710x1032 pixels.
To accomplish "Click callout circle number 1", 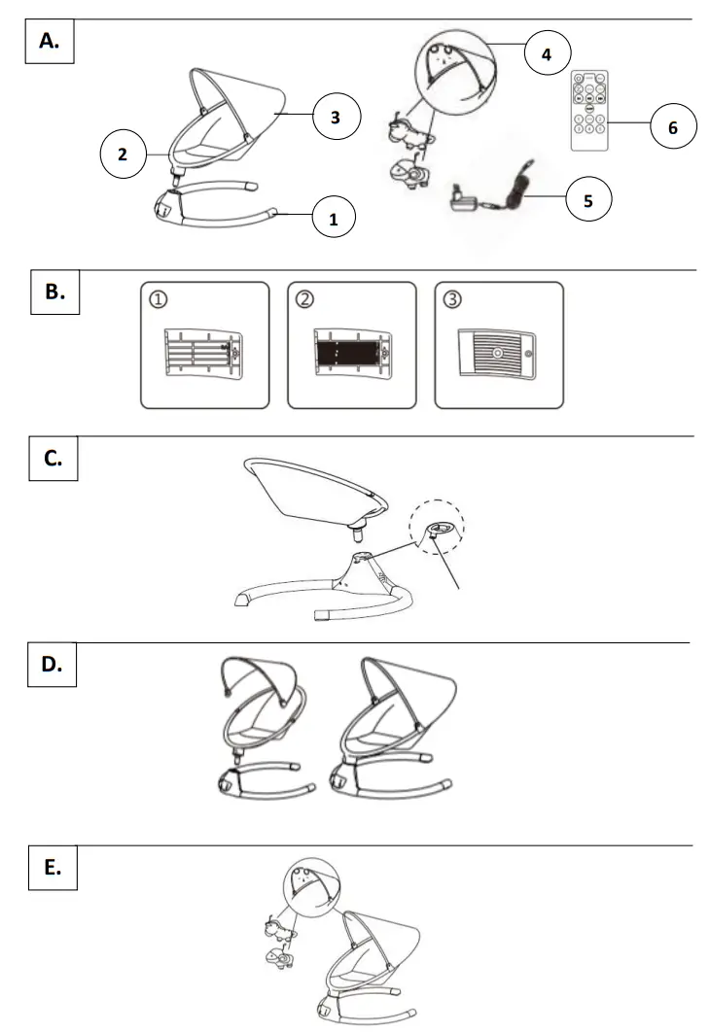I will click(x=334, y=219).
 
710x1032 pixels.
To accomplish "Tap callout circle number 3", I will click(x=336, y=117).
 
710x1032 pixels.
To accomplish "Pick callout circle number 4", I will click(x=547, y=53).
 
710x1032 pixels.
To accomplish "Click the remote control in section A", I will click(x=589, y=110).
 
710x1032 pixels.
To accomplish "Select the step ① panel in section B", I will click(x=204, y=344).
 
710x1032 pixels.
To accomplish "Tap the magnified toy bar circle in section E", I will click(x=309, y=885).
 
